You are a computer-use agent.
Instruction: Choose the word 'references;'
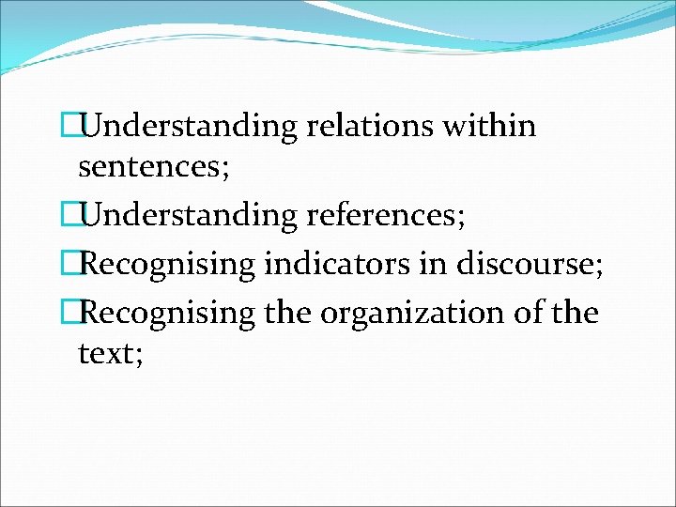tap(386, 217)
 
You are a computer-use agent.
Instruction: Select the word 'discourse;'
tap(530, 265)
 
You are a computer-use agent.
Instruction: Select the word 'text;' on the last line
tap(111, 356)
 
